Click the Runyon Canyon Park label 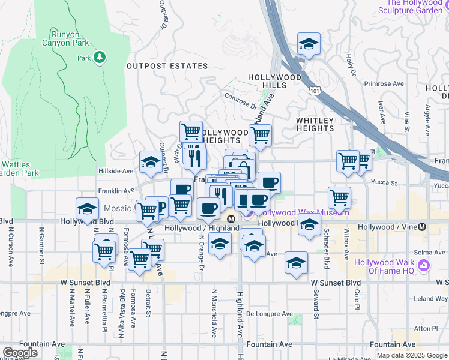65,38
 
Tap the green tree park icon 100,58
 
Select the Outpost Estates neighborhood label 167,66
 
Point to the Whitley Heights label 315,124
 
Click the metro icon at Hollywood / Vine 423,227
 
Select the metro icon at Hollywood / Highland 231,218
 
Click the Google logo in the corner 20,353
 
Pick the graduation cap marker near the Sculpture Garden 309,44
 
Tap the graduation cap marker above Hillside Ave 151,161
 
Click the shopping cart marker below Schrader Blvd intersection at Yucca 340,197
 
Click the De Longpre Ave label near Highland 269,314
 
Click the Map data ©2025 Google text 412,355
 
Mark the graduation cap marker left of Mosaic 88,209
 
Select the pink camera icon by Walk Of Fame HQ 424,265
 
